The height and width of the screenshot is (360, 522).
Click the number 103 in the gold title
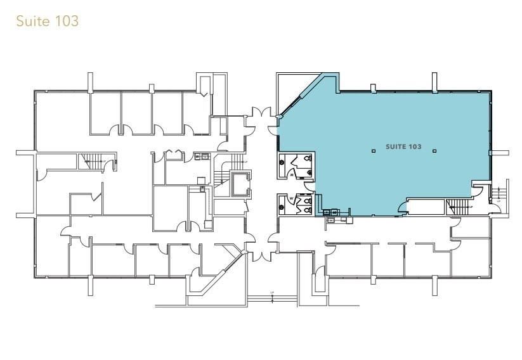[67, 21]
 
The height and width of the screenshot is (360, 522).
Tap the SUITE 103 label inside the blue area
[403, 147]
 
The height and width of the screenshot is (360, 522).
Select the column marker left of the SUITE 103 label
[372, 151]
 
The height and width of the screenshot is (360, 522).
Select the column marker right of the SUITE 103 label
[434, 151]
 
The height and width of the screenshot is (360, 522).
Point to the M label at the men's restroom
[291, 172]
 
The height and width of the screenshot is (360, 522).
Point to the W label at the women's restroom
[291, 198]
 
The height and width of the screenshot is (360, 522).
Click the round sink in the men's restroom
[283, 162]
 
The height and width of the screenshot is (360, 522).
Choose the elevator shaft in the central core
[240, 184]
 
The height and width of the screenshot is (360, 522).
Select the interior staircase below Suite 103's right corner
[459, 205]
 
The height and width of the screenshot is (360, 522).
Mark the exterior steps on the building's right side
[503, 193]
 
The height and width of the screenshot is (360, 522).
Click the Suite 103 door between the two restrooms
[308, 184]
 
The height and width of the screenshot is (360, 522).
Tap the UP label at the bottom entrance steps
[272, 293]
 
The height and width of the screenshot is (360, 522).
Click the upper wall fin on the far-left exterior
[25, 153]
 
